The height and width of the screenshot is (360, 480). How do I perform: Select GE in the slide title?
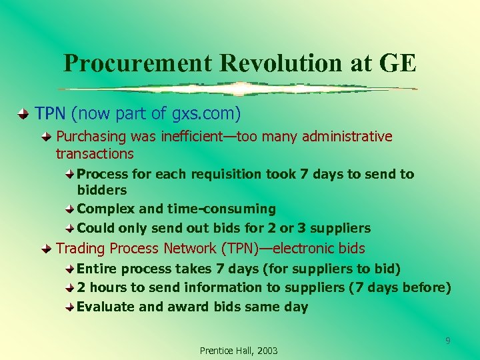pyautogui.click(x=398, y=63)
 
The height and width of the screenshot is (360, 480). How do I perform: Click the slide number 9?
pyautogui.click(x=448, y=341)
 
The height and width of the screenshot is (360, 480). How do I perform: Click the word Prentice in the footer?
pyautogui.click(x=215, y=351)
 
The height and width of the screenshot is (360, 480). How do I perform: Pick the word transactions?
pyautogui.click(x=95, y=154)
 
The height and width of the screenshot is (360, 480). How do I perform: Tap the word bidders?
pyautogui.click(x=102, y=191)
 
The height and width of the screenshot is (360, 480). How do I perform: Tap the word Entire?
pyautogui.click(x=97, y=269)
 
